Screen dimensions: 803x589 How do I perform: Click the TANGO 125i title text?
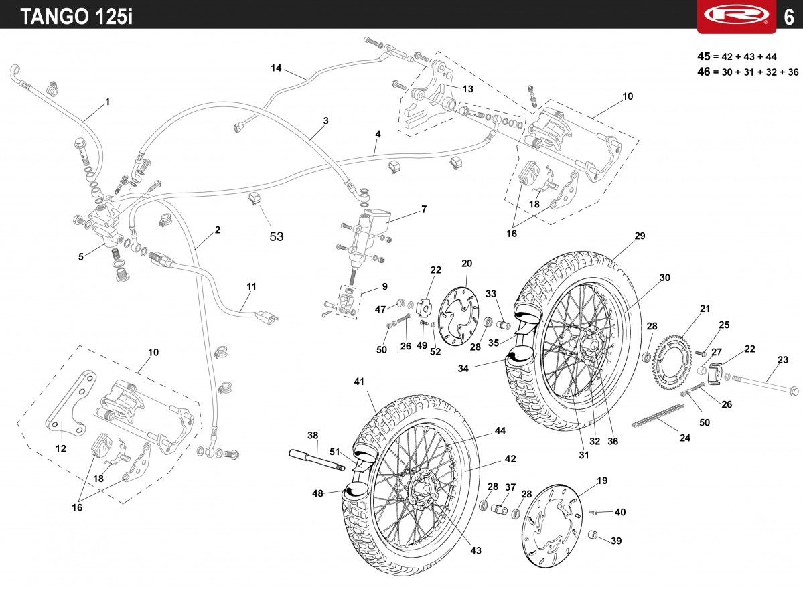click(x=77, y=16)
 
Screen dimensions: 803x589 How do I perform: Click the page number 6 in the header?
click(x=789, y=17)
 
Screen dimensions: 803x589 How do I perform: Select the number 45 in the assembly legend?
click(x=704, y=56)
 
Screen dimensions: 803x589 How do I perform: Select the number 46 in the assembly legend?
click(x=704, y=72)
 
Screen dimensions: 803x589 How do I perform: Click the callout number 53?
click(x=277, y=236)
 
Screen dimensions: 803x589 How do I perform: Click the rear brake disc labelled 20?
click(x=460, y=316)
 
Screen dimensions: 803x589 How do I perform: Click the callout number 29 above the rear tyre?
click(x=640, y=236)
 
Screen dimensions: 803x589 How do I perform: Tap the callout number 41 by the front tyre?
click(x=359, y=382)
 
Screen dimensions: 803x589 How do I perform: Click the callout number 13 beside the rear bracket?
click(x=468, y=89)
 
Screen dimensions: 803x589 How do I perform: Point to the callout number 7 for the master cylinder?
click(x=424, y=209)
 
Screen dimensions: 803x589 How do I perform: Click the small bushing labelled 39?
click(x=593, y=535)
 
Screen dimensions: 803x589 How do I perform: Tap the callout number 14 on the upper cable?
click(x=276, y=68)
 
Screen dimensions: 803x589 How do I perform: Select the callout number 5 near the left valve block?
click(x=81, y=256)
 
